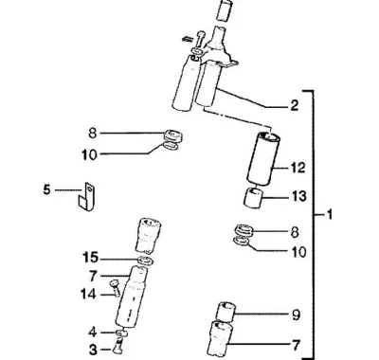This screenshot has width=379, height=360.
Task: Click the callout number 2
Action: (x=294, y=105)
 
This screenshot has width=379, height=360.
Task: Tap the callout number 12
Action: (x=298, y=168)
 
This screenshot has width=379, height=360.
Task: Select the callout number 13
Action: (x=298, y=196)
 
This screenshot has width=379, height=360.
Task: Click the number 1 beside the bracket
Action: (x=329, y=215)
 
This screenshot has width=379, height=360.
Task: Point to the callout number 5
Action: (x=46, y=189)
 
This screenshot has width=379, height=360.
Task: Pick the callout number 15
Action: (x=90, y=258)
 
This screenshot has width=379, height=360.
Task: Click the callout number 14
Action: (x=88, y=295)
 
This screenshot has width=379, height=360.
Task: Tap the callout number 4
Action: (x=93, y=333)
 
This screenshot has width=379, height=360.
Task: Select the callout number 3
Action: (x=93, y=350)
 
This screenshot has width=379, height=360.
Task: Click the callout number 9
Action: (x=296, y=315)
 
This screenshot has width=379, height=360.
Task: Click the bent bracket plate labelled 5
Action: (x=87, y=196)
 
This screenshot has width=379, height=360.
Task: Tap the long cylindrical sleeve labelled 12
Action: (x=263, y=158)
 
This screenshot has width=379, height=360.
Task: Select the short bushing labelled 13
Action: (x=254, y=198)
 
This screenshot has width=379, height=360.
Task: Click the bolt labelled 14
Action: (x=115, y=288)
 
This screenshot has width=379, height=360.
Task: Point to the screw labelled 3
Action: (x=117, y=345)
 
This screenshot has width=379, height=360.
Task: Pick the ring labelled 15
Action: (x=145, y=261)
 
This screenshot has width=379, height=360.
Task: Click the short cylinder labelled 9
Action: (x=226, y=312)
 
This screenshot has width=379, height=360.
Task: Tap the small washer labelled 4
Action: (x=121, y=333)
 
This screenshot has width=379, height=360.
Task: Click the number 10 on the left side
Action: (x=89, y=154)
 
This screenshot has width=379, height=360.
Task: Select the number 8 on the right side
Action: (x=295, y=232)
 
